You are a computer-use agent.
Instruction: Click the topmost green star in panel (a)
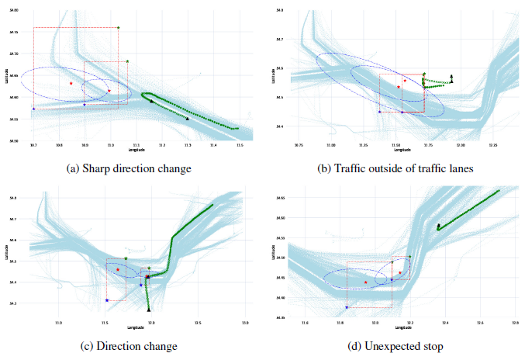(x=118, y=27)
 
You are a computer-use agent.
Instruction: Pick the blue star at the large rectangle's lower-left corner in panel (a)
(x=33, y=109)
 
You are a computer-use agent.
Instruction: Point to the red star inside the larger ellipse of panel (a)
(x=71, y=83)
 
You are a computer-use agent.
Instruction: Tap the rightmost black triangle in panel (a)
(x=188, y=119)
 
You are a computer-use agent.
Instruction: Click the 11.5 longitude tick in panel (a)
(x=240, y=145)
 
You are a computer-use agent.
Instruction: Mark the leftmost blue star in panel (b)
(x=379, y=112)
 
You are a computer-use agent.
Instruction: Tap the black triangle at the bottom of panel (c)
(x=148, y=310)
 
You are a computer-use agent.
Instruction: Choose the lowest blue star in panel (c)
(x=106, y=300)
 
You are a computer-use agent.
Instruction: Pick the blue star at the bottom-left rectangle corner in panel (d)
(x=347, y=307)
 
